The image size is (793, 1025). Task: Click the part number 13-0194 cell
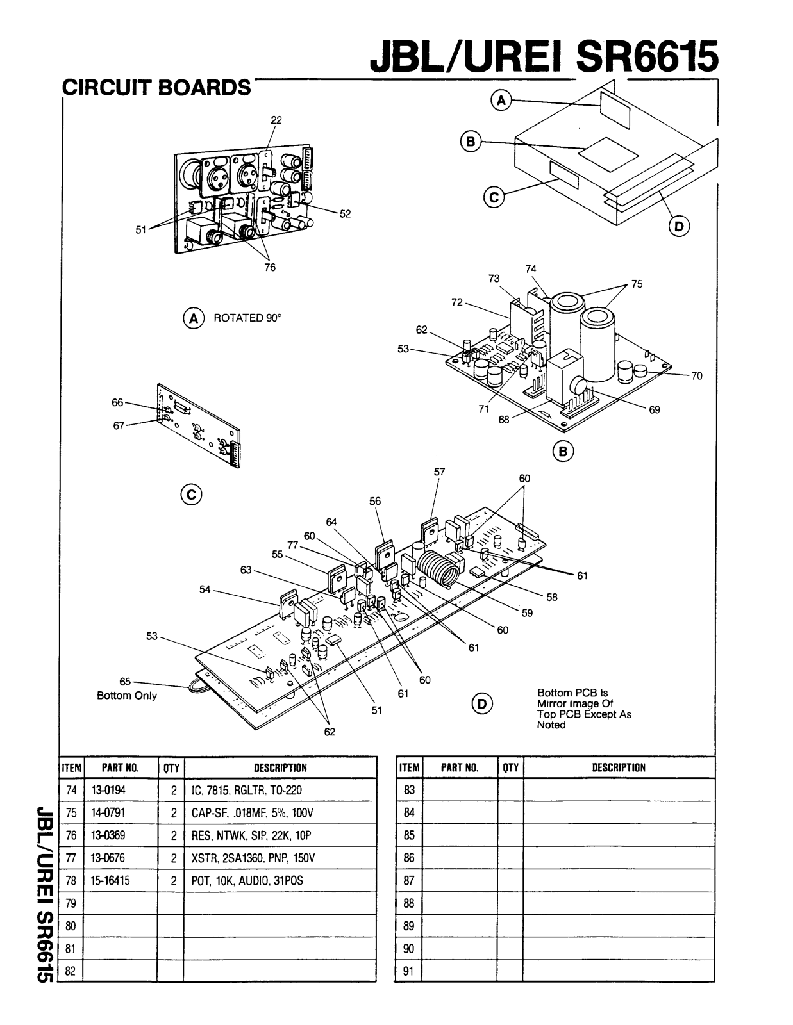(108, 790)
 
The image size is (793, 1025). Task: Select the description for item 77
(253, 858)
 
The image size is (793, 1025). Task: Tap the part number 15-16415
(110, 881)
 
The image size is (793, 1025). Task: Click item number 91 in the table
(409, 971)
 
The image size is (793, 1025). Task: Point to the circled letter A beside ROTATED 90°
(194, 318)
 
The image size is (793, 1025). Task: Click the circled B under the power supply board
(563, 452)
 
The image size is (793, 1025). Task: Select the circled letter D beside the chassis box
(679, 227)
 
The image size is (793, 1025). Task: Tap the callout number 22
(276, 120)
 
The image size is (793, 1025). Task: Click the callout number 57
(440, 471)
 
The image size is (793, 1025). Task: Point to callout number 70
(697, 376)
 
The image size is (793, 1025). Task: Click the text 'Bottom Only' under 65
(126, 696)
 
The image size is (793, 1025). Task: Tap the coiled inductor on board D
(438, 570)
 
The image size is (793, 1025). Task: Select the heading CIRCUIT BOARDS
(156, 88)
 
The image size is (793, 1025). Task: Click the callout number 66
(117, 402)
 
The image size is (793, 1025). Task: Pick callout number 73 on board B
(494, 278)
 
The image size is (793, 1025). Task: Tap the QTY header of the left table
(171, 768)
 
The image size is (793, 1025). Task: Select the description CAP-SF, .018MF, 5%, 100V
(252, 813)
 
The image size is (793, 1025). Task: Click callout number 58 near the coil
(552, 597)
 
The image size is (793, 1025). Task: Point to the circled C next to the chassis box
(494, 197)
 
